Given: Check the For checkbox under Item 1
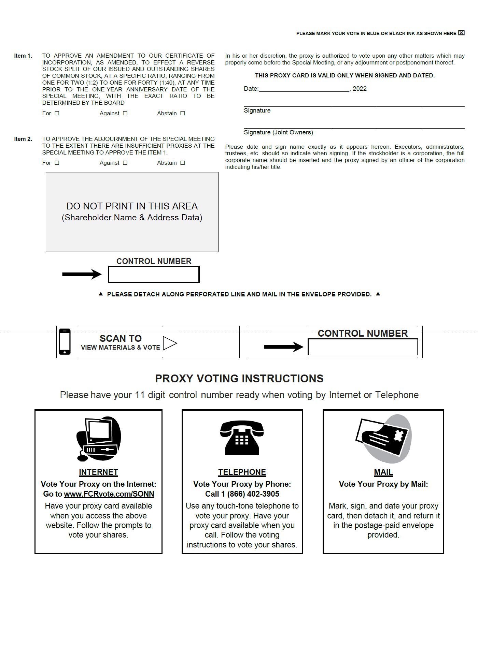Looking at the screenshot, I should (x=57, y=113).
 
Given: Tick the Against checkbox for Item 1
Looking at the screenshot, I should (x=125, y=113).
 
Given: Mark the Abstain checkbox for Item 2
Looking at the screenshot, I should (x=183, y=163).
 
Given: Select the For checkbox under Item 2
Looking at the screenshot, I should (x=57, y=163).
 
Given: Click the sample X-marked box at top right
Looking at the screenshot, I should (x=461, y=33).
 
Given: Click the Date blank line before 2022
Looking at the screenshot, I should (x=304, y=89).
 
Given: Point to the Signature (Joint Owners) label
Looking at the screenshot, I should (x=278, y=132).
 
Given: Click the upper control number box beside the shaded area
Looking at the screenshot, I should (x=154, y=274).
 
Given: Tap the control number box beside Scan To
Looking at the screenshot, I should (x=363, y=347).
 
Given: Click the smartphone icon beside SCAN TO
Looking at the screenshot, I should (x=65, y=342).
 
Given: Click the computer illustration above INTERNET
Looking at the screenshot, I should (x=99, y=439).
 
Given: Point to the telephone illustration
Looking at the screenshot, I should (x=242, y=438).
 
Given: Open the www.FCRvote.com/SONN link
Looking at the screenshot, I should (x=109, y=494).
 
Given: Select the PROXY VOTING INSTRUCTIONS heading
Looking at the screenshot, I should (x=239, y=379).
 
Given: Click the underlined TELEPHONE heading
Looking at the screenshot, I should (x=242, y=472).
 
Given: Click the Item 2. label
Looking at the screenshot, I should (x=23, y=139).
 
